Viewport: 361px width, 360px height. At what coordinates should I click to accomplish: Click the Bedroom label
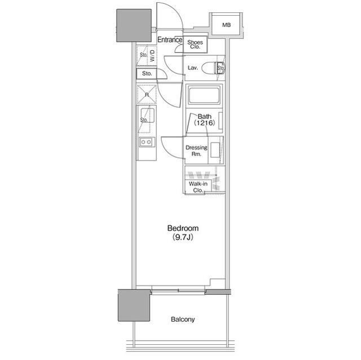pyautogui.click(x=183, y=228)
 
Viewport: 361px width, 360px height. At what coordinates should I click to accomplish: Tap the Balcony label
pyautogui.click(x=183, y=319)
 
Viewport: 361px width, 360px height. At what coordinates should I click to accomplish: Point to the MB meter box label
pyautogui.click(x=227, y=25)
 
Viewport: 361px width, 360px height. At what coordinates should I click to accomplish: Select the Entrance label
pyautogui.click(x=170, y=40)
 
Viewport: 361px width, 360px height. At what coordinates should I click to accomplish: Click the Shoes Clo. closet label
pyautogui.click(x=195, y=45)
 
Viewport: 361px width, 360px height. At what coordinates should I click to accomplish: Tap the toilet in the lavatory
pyautogui.click(x=213, y=68)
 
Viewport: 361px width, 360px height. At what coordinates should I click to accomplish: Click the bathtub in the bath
pyautogui.click(x=204, y=96)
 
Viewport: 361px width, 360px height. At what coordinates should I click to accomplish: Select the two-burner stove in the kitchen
pyautogui.click(x=147, y=142)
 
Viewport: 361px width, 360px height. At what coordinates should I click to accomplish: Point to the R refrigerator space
pyautogui.click(x=147, y=95)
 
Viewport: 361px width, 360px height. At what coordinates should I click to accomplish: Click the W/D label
pyautogui.click(x=152, y=56)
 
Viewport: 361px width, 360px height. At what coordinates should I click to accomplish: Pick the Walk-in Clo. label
pyautogui.click(x=198, y=187)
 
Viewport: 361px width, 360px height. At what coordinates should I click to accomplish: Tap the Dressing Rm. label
pyautogui.click(x=196, y=150)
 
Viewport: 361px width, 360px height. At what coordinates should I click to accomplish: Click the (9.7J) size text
pyautogui.click(x=183, y=237)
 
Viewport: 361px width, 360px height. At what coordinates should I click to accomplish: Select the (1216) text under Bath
pyautogui.click(x=204, y=123)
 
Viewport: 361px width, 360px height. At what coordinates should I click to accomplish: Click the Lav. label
pyautogui.click(x=193, y=68)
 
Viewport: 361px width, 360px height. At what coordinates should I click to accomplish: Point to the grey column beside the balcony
pyautogui.click(x=134, y=305)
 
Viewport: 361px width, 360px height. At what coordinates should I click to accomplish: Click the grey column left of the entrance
pyautogui.click(x=134, y=25)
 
